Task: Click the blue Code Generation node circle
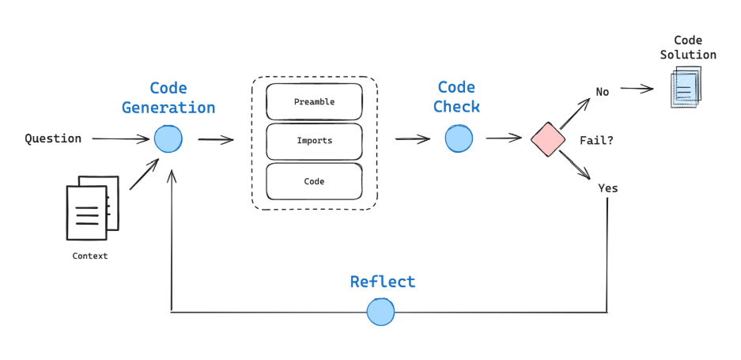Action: pos(168,139)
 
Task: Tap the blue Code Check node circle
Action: pos(459,139)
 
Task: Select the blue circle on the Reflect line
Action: pos(380,312)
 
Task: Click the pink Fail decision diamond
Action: pos(547,139)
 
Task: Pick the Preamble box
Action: pos(314,102)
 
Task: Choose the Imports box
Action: pos(314,141)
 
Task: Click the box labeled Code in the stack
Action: pos(314,181)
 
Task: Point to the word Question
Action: pos(53,138)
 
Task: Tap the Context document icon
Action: pos(92,208)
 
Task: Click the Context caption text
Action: pos(90,256)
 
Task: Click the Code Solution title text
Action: pos(688,47)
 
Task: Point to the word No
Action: pos(603,92)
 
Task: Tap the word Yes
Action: pos(607,188)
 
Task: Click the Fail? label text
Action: pos(597,140)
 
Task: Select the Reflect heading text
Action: pos(382,282)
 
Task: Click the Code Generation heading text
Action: pos(168,98)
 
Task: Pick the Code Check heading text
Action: pos(456,97)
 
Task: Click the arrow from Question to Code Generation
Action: pos(120,139)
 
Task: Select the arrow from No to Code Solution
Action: pos(637,89)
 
